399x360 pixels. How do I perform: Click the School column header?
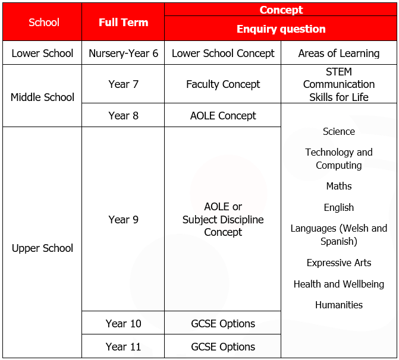click(x=44, y=23)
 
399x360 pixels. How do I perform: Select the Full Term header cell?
click(x=123, y=23)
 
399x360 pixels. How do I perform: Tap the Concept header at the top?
click(x=281, y=10)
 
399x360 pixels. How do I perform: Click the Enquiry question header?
click(x=281, y=29)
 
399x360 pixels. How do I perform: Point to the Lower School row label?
click(x=42, y=53)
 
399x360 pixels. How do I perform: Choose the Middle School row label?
click(x=42, y=97)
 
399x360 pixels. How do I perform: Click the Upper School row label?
click(x=42, y=248)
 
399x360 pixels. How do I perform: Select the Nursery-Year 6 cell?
click(x=123, y=53)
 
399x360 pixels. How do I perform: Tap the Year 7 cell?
click(x=123, y=84)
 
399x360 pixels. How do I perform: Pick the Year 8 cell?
click(x=123, y=116)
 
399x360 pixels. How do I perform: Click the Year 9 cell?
click(x=123, y=220)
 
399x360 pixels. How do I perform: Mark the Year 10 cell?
click(x=123, y=324)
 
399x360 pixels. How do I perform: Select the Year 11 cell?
click(x=123, y=347)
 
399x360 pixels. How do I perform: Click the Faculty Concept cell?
click(x=223, y=84)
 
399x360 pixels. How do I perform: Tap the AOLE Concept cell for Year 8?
click(x=223, y=116)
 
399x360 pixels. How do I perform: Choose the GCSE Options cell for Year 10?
click(x=223, y=324)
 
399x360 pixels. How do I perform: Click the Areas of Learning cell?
click(x=339, y=53)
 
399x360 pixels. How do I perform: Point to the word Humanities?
click(x=339, y=305)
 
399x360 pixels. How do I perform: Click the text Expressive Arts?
click(x=339, y=263)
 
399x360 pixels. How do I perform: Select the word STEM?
click(x=339, y=72)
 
